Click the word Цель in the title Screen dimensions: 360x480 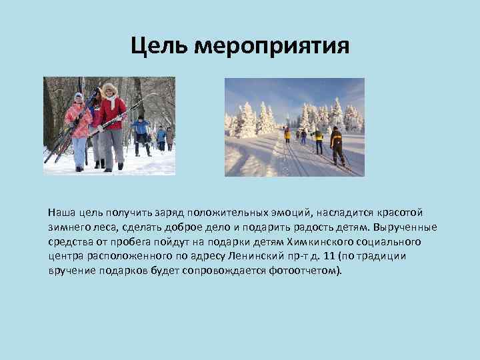pos(159,46)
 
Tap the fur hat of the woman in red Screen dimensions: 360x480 pos(109,88)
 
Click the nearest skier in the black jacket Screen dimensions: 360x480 pos(337,144)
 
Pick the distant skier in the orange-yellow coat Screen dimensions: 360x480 pos(287,133)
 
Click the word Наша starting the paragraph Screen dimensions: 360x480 pos(60,213)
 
